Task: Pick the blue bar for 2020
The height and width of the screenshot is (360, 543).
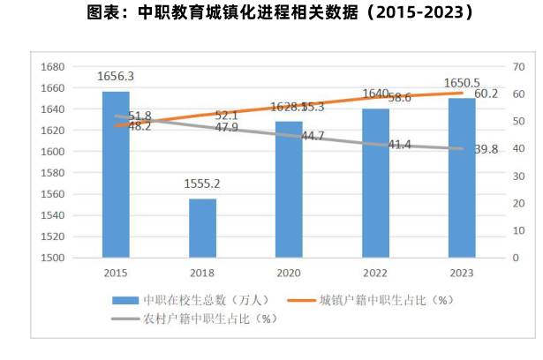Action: click(288, 189)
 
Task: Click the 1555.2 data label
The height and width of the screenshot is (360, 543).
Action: click(202, 184)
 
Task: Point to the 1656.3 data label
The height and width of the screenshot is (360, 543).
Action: click(116, 76)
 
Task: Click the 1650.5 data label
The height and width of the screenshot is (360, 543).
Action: click(461, 82)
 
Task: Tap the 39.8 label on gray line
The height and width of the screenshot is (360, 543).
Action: click(486, 150)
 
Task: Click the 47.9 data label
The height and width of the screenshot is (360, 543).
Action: click(227, 128)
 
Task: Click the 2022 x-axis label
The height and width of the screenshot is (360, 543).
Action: click(374, 273)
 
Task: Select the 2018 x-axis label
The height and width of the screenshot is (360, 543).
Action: click(201, 273)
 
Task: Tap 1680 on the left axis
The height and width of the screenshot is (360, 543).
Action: click(55, 67)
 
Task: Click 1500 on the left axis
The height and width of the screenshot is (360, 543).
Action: click(55, 258)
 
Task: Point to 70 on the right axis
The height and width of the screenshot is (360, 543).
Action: click(519, 67)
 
